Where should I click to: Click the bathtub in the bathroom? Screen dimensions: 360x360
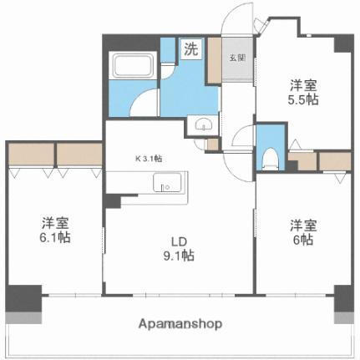[x=134, y=66]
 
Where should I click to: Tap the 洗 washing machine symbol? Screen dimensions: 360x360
[x=191, y=48]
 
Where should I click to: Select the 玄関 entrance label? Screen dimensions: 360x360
[x=236, y=58]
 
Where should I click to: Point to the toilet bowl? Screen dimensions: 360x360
[x=270, y=156]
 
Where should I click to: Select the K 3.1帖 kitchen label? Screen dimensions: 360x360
[x=149, y=158]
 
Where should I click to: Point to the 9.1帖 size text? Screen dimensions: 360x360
[x=177, y=256]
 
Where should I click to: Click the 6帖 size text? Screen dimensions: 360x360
[x=303, y=240]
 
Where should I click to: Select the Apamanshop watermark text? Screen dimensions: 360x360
[x=180, y=324]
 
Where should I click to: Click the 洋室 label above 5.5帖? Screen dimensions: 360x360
[x=303, y=85]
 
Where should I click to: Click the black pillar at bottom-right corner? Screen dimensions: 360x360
[x=343, y=297]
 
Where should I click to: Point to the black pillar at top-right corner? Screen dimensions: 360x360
[x=342, y=43]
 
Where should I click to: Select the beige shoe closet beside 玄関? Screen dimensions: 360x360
[x=214, y=59]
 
